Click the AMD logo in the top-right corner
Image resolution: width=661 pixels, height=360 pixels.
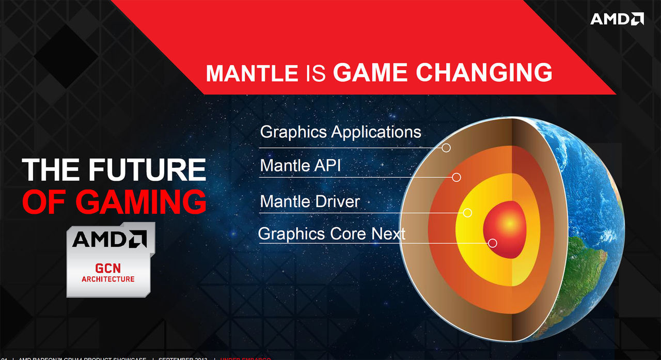617,19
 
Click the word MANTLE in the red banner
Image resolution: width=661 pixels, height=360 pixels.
251,73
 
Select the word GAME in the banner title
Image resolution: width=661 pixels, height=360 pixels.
371,72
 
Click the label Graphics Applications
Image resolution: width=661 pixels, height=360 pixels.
340,132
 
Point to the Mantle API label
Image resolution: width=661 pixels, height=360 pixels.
300,166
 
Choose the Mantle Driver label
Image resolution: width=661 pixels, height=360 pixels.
309,201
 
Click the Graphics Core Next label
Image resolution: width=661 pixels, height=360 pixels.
332,233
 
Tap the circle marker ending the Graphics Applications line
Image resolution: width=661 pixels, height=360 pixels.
446,148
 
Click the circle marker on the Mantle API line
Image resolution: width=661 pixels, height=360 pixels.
456,177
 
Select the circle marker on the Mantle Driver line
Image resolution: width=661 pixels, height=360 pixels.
467,212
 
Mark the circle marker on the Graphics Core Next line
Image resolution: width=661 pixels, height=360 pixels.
492,243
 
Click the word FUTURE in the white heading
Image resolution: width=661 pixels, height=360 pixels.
147,170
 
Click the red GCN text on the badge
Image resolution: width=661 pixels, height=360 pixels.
107,268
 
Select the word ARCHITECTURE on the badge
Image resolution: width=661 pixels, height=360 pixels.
108,279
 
